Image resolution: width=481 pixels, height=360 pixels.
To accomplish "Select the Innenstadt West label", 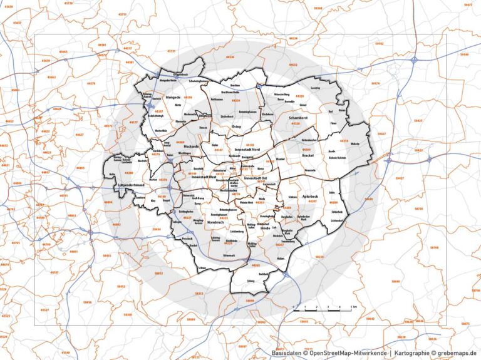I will pyautogui.click(x=204, y=178).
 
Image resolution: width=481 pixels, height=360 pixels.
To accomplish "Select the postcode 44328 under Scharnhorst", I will pyautogui.click(x=295, y=123).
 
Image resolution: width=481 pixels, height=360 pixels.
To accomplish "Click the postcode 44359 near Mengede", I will pyautogui.click(x=187, y=98).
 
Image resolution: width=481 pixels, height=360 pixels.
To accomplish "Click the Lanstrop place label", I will pyautogui.click(x=316, y=88).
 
